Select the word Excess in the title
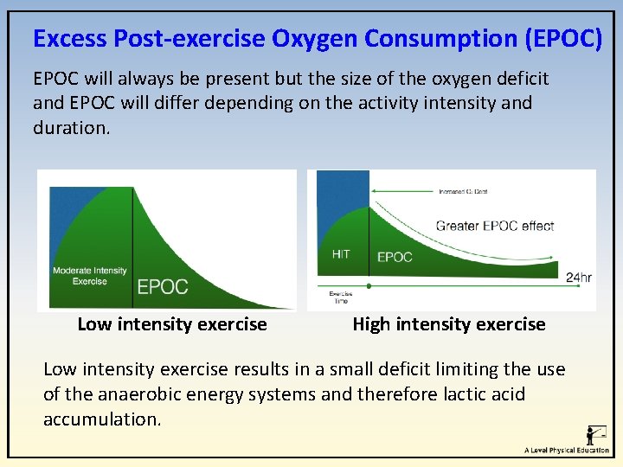[70, 39]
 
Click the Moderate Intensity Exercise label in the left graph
[89, 275]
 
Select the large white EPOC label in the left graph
[163, 286]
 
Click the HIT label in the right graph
[341, 255]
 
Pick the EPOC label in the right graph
[395, 257]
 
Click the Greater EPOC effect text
[494, 226]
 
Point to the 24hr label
[578, 278]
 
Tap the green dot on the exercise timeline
[369, 285]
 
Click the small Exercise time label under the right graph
[341, 297]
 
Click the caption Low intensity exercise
[172, 324]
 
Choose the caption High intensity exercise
[449, 324]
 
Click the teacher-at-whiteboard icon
[595, 434]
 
